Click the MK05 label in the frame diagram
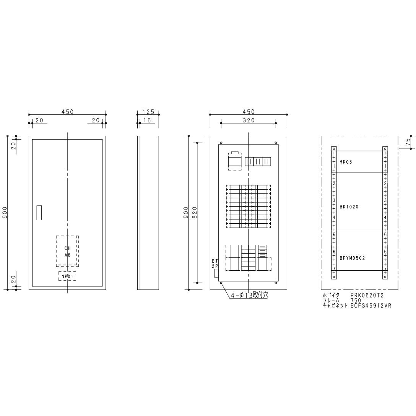346,162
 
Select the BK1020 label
349,207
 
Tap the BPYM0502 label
352,258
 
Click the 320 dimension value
248,120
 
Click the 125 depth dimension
148,112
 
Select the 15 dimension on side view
147,120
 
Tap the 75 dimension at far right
409,141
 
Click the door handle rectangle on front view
39,213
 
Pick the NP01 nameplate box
67,276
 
